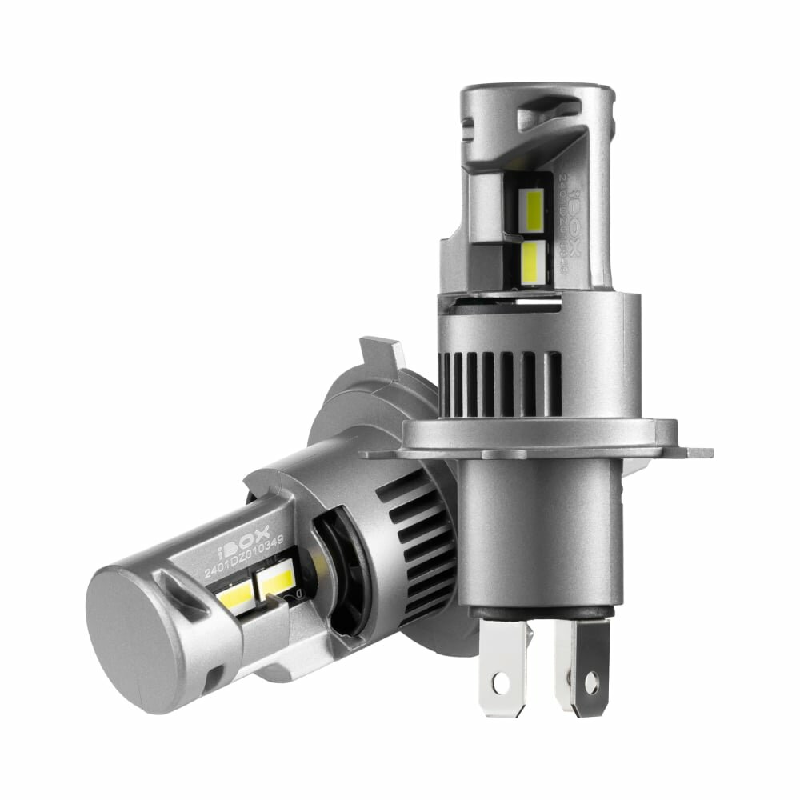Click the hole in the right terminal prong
pos(591,682)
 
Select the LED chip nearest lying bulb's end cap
pos(234,594)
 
